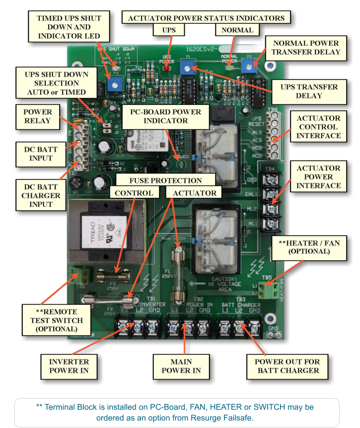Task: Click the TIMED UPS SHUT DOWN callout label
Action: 69,27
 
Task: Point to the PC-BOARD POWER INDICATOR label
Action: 165,116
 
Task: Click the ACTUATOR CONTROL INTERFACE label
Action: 318,127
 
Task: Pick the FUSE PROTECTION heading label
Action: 165,180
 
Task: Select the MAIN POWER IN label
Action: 179,366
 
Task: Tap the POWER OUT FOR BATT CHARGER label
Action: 287,366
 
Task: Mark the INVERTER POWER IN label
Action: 69,366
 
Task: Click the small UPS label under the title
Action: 169,30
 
